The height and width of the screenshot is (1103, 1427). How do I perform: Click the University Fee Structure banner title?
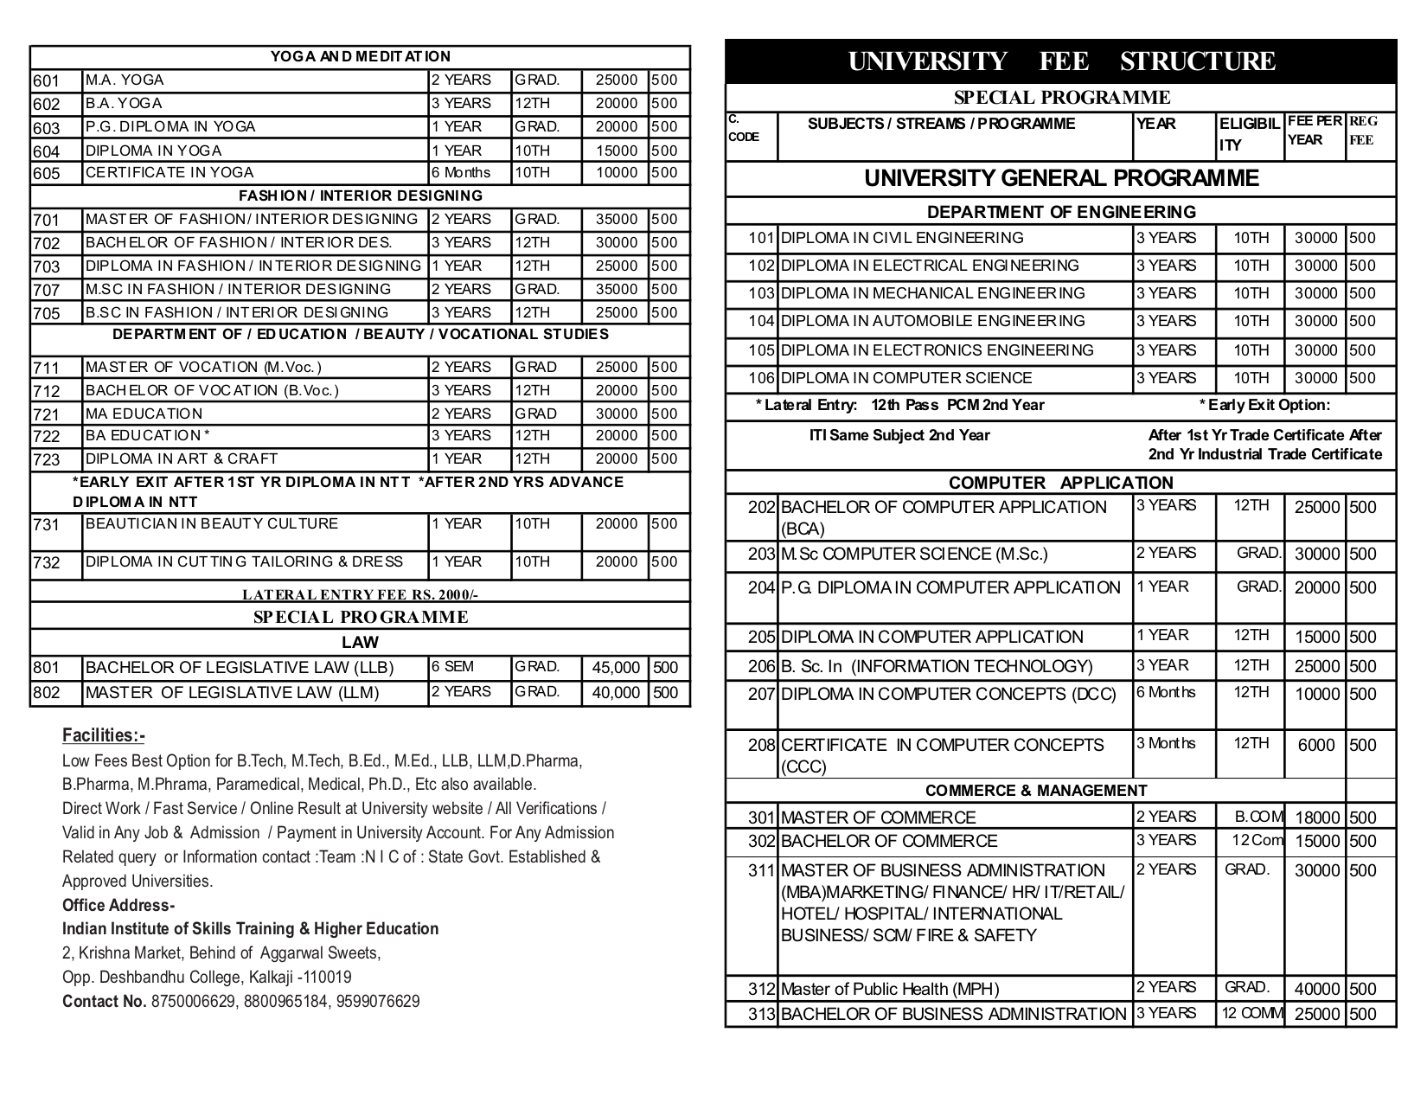click(x=1060, y=61)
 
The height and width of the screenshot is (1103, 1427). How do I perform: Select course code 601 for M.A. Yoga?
click(x=47, y=81)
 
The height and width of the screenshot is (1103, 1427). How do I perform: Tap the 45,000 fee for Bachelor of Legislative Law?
click(x=616, y=668)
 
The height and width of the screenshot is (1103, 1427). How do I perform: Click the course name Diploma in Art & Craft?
click(x=182, y=459)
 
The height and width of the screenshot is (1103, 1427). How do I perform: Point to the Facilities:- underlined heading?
click(x=104, y=735)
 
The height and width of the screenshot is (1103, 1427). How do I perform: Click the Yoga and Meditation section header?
click(x=360, y=57)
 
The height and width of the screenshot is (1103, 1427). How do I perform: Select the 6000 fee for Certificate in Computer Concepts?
click(x=1316, y=745)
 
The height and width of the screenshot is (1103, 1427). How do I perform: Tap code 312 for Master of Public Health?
click(x=762, y=989)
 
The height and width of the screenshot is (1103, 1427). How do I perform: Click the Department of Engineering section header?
click(x=1060, y=212)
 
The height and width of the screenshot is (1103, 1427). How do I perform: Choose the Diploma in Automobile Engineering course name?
click(x=932, y=321)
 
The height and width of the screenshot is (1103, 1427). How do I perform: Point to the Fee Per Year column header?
click(x=1314, y=131)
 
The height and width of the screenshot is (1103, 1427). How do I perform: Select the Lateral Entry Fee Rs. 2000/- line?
click(x=360, y=595)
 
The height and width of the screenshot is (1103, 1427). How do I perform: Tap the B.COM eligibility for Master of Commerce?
click(x=1258, y=817)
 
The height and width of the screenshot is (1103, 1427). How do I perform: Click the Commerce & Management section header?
click(x=1035, y=791)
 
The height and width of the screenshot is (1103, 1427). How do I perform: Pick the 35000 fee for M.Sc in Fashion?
click(x=616, y=289)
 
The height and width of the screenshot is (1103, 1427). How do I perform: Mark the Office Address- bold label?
click(x=118, y=906)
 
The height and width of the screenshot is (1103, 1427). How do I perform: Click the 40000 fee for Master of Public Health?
click(x=1316, y=989)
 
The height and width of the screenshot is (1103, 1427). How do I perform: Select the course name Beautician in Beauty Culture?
click(x=212, y=523)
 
